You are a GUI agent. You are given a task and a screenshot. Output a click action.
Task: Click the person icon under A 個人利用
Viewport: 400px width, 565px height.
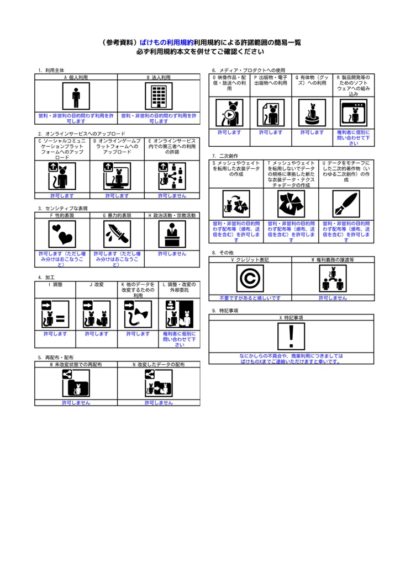pyautogui.click(x=76, y=97)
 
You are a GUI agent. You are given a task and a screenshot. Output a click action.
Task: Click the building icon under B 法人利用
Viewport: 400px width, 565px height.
pyautogui.click(x=159, y=97)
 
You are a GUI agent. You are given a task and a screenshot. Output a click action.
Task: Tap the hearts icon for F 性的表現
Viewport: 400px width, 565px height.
pyautogui.click(x=62, y=234)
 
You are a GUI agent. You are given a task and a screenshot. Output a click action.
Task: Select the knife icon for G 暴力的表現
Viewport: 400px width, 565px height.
pyautogui.click(x=117, y=234)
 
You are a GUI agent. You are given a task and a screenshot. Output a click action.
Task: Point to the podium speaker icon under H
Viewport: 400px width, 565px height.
pyautogui.click(x=172, y=234)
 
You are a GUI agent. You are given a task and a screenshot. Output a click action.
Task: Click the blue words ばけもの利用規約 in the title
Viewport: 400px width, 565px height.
pyautogui.click(x=166, y=42)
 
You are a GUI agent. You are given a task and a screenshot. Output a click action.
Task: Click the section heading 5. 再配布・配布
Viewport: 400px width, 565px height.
pyautogui.click(x=56, y=358)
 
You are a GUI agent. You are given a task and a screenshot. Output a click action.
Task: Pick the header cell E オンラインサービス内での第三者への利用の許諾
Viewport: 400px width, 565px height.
pyautogui.click(x=172, y=146)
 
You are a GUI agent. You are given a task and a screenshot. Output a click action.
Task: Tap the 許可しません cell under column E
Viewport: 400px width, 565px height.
pyautogui.click(x=172, y=195)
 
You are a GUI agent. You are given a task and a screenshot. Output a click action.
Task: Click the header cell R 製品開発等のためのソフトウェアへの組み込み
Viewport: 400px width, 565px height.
pyautogui.click(x=354, y=86)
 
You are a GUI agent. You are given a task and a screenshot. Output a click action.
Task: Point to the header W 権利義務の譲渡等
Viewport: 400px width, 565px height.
pyautogui.click(x=333, y=259)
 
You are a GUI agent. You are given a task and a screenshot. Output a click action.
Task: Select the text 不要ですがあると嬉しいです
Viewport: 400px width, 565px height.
pyautogui.click(x=250, y=298)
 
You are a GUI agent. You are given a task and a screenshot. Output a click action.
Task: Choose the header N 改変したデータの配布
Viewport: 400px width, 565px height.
pyautogui.click(x=159, y=365)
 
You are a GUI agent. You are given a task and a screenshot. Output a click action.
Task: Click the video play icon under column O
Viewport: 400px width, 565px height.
pyautogui.click(x=229, y=113)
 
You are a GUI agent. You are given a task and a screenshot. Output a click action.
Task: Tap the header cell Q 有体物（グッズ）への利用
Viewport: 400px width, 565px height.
pyautogui.click(x=312, y=81)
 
